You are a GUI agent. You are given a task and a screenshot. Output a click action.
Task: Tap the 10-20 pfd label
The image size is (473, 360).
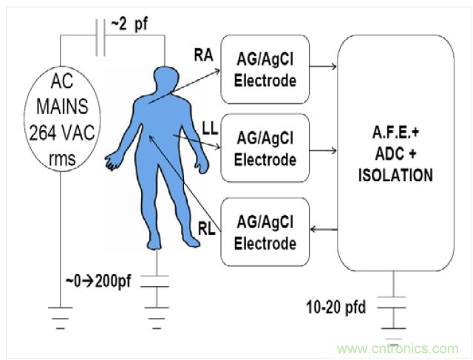(338, 305)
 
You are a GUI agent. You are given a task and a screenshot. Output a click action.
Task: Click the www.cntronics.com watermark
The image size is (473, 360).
(396, 347)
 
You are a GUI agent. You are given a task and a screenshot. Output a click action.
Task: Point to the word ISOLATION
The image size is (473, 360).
(393, 177)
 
